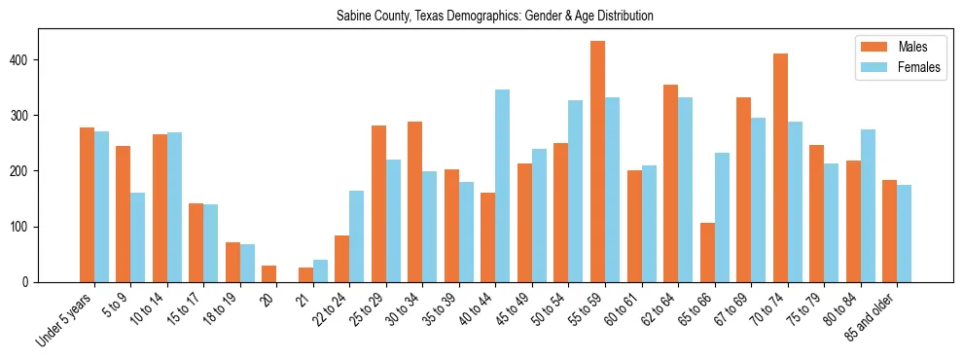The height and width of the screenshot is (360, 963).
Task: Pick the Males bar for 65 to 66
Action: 707,252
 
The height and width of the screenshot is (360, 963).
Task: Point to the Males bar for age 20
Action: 269,273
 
